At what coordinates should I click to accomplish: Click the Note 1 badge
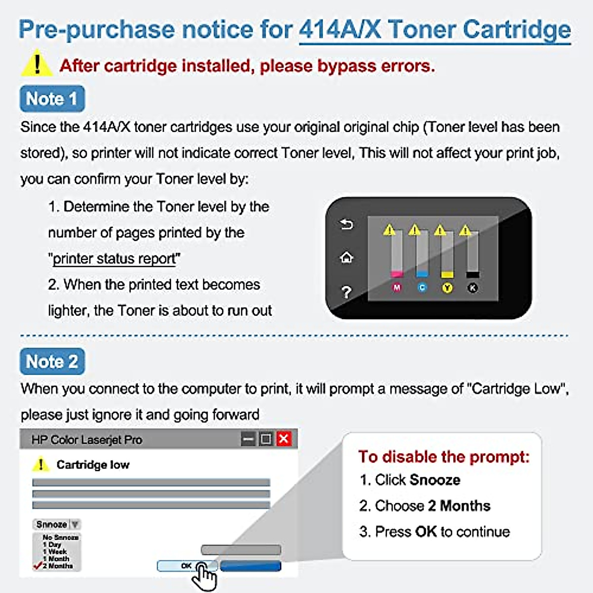point(52,99)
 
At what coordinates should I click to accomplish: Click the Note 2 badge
point(52,362)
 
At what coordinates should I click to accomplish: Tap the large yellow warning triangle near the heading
point(37,65)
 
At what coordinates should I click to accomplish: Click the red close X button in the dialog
point(284,439)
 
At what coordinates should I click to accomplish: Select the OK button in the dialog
point(186,566)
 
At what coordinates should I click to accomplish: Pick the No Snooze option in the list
point(60,537)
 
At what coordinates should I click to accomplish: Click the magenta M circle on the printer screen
point(397,288)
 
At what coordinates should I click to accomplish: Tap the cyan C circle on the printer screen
point(422,288)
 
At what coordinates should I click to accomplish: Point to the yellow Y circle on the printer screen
point(447,288)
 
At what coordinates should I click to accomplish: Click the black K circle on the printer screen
point(472,288)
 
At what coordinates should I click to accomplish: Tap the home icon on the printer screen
point(346,257)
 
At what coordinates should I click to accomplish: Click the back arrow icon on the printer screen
point(346,225)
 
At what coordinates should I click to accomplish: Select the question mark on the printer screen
point(346,292)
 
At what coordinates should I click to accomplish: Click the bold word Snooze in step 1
point(435,480)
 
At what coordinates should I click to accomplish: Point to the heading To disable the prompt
point(443,457)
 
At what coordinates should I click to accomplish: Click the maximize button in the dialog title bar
point(266,439)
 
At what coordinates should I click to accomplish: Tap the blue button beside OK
point(251,566)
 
